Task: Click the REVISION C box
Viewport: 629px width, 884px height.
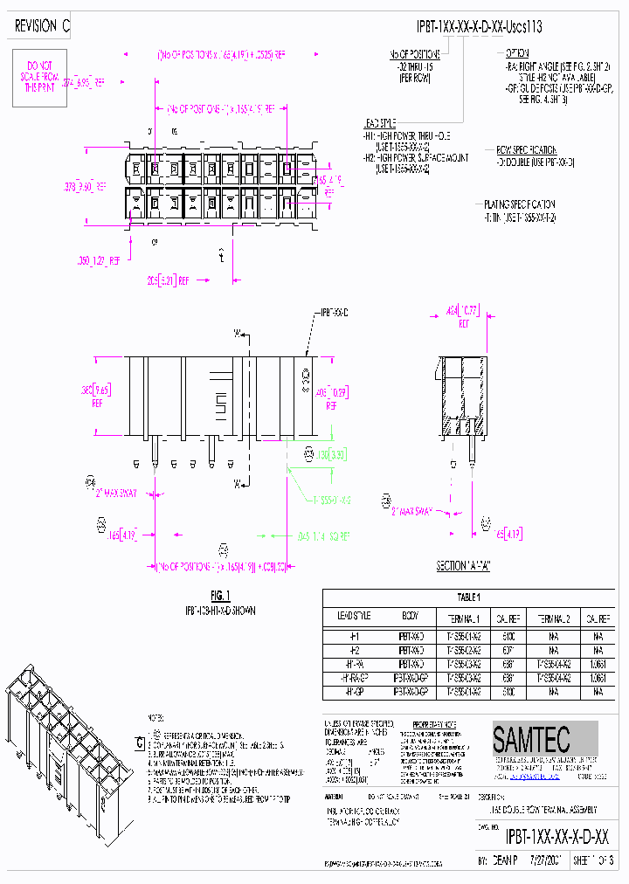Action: coord(41,26)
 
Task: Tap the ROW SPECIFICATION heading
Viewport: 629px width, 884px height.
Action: coord(526,150)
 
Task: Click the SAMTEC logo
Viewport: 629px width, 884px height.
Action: coord(531,740)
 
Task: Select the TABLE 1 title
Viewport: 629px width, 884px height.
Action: coord(469,597)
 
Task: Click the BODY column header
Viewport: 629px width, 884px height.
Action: coord(410,616)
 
